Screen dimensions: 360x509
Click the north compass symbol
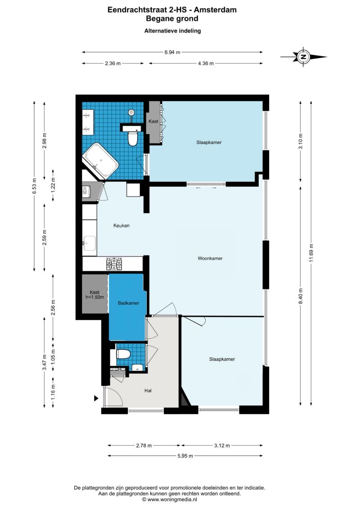[303, 57]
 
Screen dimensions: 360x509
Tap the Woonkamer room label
[210, 258]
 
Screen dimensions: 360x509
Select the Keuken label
[121, 225]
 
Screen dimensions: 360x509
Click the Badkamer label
[129, 303]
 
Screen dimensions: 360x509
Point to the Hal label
[148, 391]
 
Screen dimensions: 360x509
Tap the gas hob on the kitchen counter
[114, 264]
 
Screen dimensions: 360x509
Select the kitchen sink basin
[90, 243]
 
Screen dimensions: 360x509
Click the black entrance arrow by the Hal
[96, 398]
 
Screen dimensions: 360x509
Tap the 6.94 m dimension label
[172, 52]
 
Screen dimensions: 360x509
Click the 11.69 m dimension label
[311, 253]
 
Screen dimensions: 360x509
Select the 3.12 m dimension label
[222, 446]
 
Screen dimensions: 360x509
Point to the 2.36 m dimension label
[112, 63]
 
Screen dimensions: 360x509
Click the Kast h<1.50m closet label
[94, 294]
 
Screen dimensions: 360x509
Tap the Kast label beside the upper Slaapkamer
[153, 121]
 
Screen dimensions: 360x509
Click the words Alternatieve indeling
[172, 31]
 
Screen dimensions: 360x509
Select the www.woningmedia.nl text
[172, 500]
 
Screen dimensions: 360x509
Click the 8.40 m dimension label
[301, 296]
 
